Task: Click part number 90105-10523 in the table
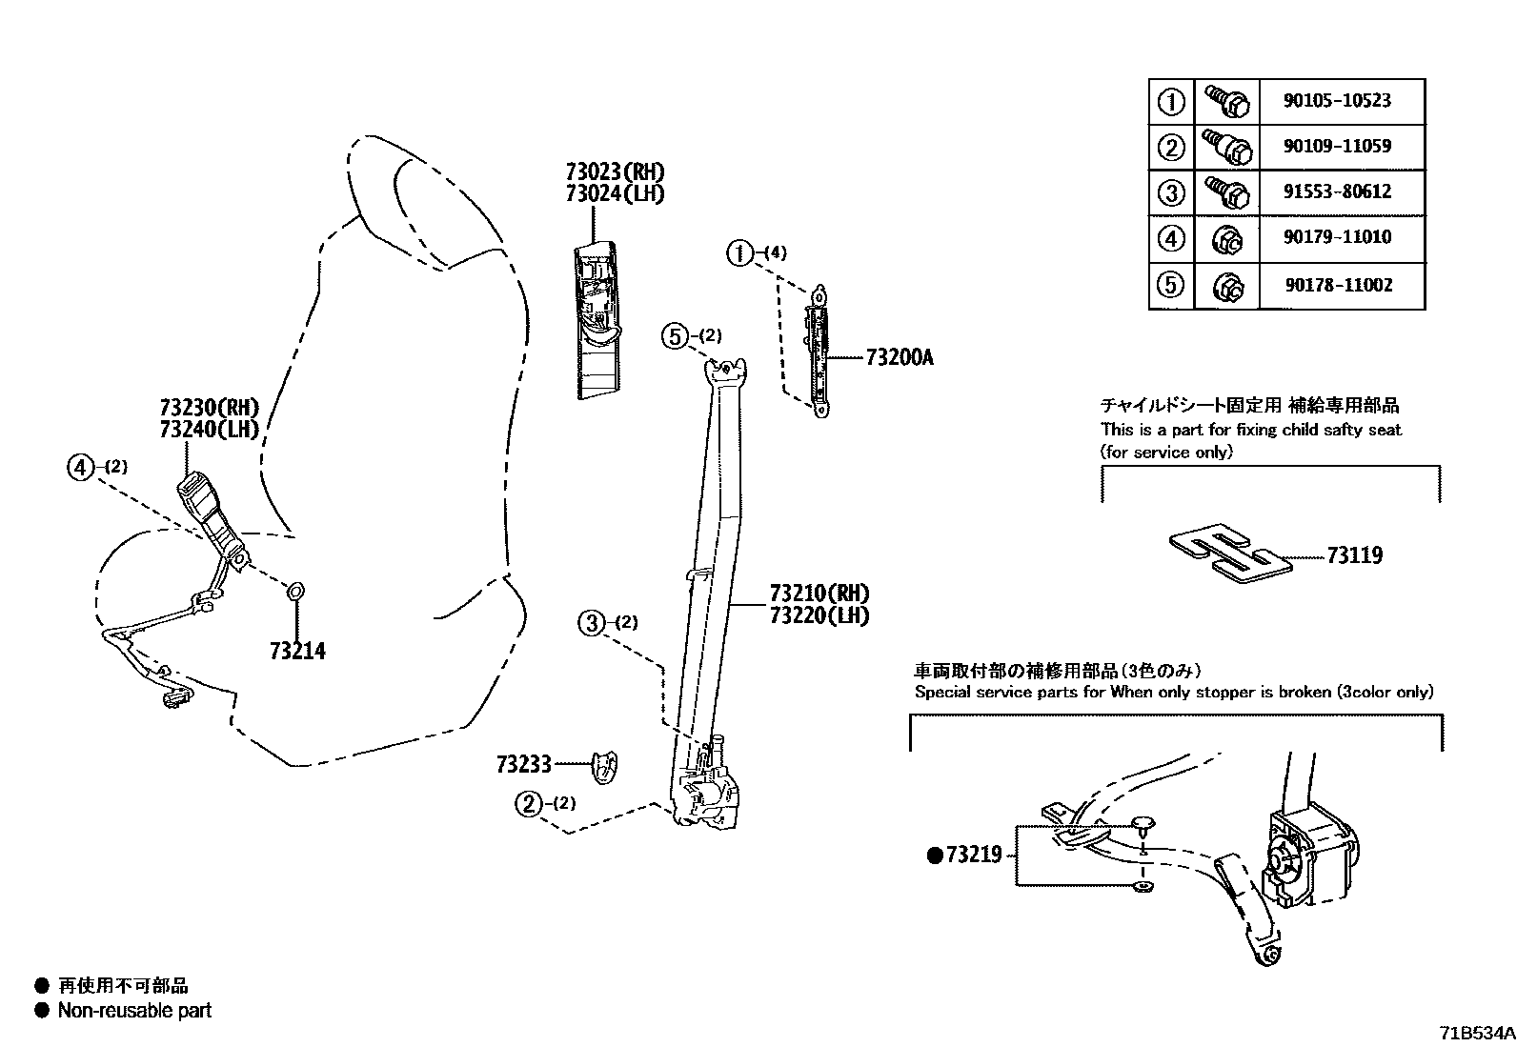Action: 1336,101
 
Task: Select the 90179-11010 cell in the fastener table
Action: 1336,237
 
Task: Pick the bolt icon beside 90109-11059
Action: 1226,147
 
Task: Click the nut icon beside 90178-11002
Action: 1226,285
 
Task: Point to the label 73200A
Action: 900,358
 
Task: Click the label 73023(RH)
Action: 615,172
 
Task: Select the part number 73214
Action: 297,652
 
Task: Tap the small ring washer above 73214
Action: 295,593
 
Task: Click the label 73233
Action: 523,764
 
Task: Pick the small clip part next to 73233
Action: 604,767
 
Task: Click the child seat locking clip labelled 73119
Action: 1229,554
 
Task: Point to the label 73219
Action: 973,856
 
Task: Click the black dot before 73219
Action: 934,856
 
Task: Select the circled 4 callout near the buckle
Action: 82,467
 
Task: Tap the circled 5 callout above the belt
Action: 675,335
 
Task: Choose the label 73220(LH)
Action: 819,615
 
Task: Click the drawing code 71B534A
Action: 1476,1033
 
